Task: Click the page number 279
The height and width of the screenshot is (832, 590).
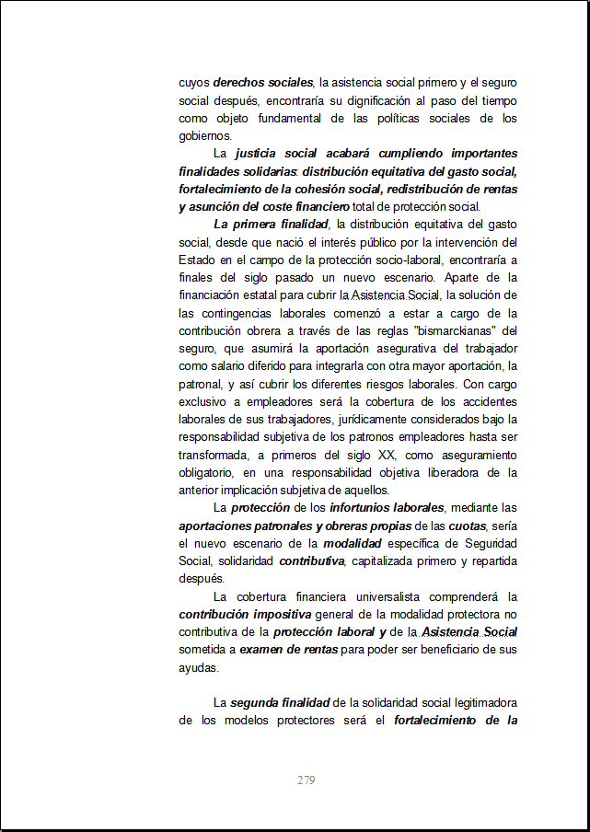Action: [307, 780]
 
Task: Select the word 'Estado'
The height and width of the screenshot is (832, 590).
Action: [196, 260]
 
